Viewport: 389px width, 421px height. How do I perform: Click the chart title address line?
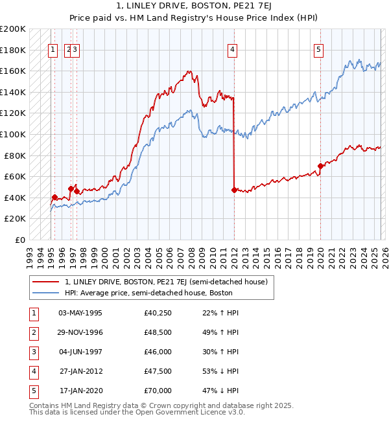point(194,6)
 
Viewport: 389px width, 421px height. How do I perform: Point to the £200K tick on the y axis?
point(13,29)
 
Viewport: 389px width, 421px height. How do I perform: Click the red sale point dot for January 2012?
point(233,190)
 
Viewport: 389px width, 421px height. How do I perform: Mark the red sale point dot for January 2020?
point(320,166)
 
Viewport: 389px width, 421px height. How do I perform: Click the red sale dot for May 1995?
point(54,197)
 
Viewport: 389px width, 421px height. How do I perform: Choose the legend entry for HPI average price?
point(148,293)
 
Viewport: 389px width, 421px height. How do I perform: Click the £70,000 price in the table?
point(158,391)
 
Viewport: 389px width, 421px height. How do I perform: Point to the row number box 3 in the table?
point(32,352)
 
